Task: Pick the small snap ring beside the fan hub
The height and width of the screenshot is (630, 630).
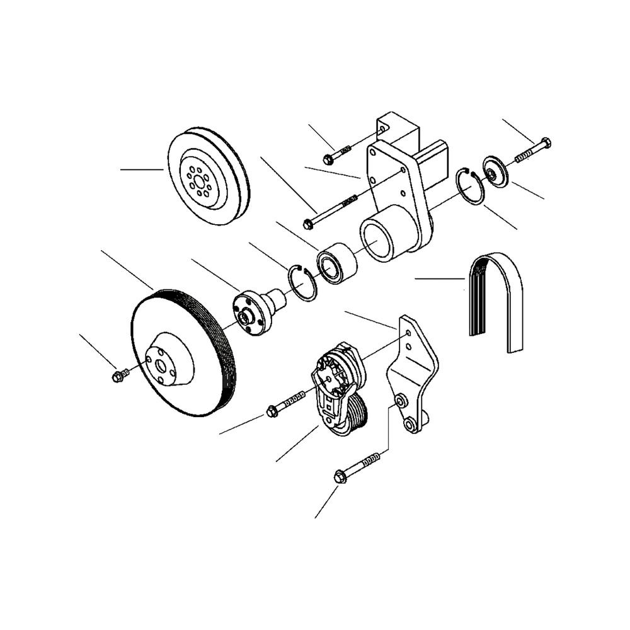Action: pyautogui.click(x=303, y=283)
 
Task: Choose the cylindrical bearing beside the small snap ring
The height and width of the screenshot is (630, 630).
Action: pyautogui.click(x=337, y=264)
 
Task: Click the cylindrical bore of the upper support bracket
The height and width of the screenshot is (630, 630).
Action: pyautogui.click(x=379, y=239)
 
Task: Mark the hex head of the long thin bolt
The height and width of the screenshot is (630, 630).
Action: pyautogui.click(x=308, y=223)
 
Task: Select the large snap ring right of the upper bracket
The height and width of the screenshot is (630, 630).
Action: pyautogui.click(x=471, y=186)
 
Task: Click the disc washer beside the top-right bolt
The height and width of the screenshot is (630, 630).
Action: pyautogui.click(x=495, y=171)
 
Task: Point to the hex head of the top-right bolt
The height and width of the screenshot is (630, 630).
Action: pyautogui.click(x=546, y=143)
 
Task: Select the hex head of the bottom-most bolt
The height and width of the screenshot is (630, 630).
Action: pyautogui.click(x=340, y=477)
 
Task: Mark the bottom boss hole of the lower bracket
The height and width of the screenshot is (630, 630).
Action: pyautogui.click(x=411, y=425)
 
